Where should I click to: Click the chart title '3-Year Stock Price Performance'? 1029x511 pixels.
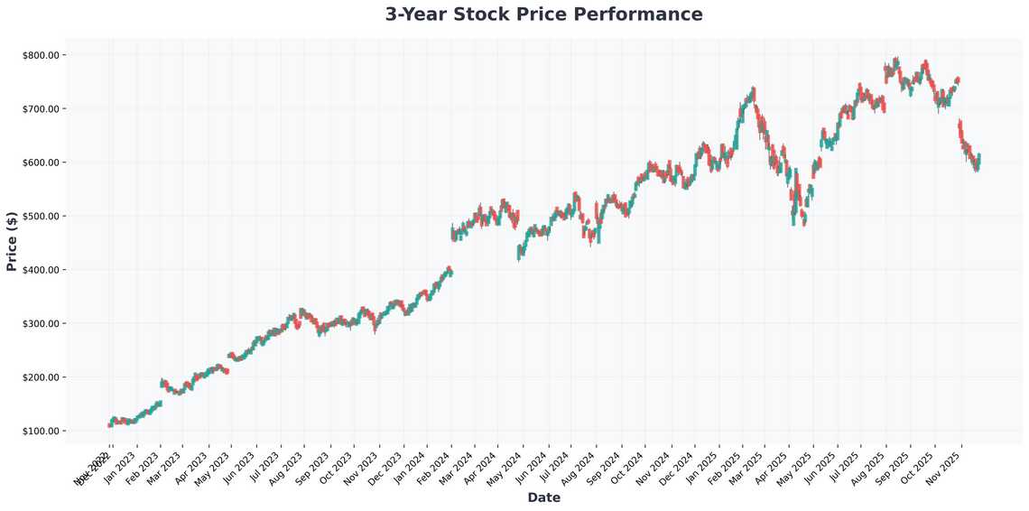(543, 14)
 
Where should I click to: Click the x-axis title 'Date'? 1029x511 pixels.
(543, 497)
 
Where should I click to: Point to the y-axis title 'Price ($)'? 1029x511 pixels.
(12, 241)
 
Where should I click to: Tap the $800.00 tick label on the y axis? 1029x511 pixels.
(41, 55)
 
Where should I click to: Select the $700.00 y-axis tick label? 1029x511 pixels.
(41, 109)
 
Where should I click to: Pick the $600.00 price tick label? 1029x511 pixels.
(41, 163)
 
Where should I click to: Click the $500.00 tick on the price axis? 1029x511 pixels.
(41, 217)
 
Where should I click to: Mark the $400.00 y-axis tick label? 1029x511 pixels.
(41, 270)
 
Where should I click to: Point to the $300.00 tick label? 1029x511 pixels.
(41, 324)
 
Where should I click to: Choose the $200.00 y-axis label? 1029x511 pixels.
(41, 377)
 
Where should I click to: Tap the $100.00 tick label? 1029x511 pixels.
(41, 432)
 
